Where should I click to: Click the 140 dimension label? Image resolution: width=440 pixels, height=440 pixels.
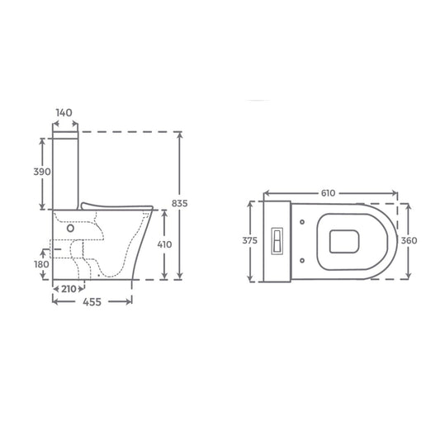(x=64, y=113)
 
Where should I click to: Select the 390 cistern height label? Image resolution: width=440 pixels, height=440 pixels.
(x=42, y=172)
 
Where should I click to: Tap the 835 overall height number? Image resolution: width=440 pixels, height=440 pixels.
(x=180, y=203)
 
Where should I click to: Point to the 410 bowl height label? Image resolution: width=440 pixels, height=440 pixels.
(x=164, y=244)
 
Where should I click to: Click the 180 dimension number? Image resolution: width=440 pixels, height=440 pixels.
(x=41, y=264)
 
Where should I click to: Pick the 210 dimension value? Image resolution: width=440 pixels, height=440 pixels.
(x=69, y=289)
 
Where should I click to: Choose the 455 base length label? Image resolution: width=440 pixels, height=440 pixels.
(x=92, y=302)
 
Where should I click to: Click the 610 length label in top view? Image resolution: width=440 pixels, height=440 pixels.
(x=328, y=193)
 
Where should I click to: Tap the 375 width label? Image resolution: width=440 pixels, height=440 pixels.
(x=250, y=241)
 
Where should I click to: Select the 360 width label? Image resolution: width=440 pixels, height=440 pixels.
(x=409, y=241)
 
